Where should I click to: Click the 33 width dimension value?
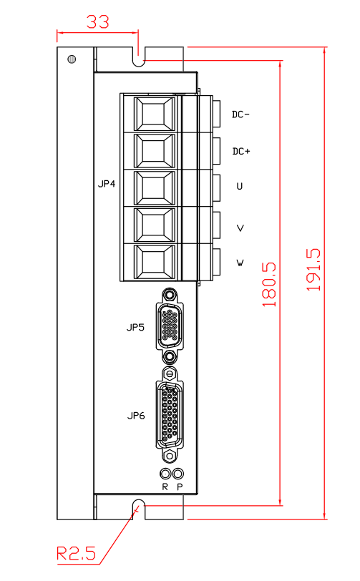tap(98, 22)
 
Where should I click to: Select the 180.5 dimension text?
tap(270, 285)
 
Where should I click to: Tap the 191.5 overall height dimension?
tap(313, 269)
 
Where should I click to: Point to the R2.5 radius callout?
tap(76, 554)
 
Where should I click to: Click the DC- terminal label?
tap(240, 114)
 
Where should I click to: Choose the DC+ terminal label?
tap(241, 151)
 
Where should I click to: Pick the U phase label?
tap(240, 186)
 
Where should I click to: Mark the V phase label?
tap(240, 228)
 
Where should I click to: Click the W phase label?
tap(240, 263)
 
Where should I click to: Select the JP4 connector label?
tap(107, 184)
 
